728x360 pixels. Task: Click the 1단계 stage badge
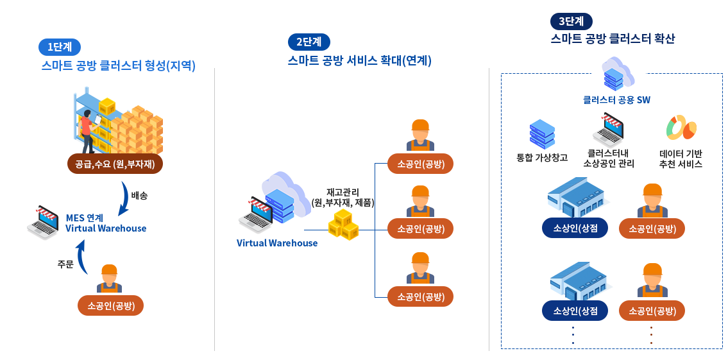pyautogui.click(x=60, y=47)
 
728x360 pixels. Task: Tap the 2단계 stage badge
pyautogui.click(x=309, y=42)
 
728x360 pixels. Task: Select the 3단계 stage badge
pyautogui.click(x=571, y=21)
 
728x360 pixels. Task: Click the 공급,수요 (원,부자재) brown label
pyautogui.click(x=115, y=164)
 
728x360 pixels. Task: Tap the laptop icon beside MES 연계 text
pyautogui.click(x=43, y=222)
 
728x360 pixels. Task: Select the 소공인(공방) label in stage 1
pyautogui.click(x=110, y=305)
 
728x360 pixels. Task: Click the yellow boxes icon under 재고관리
pyautogui.click(x=343, y=224)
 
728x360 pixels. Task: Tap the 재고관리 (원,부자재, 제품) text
pyautogui.click(x=343, y=197)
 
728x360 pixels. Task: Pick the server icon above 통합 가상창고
pyautogui.click(x=542, y=134)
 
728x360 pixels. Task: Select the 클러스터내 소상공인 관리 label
pyautogui.click(x=609, y=159)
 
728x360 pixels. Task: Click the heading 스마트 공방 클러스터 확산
pyautogui.click(x=613, y=39)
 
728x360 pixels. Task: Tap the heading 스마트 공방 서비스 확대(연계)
pyautogui.click(x=359, y=61)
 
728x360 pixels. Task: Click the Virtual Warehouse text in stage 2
pyautogui.click(x=277, y=243)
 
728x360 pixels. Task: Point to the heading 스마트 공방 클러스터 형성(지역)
pyautogui.click(x=118, y=65)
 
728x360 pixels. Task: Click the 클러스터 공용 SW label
pyautogui.click(x=616, y=100)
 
